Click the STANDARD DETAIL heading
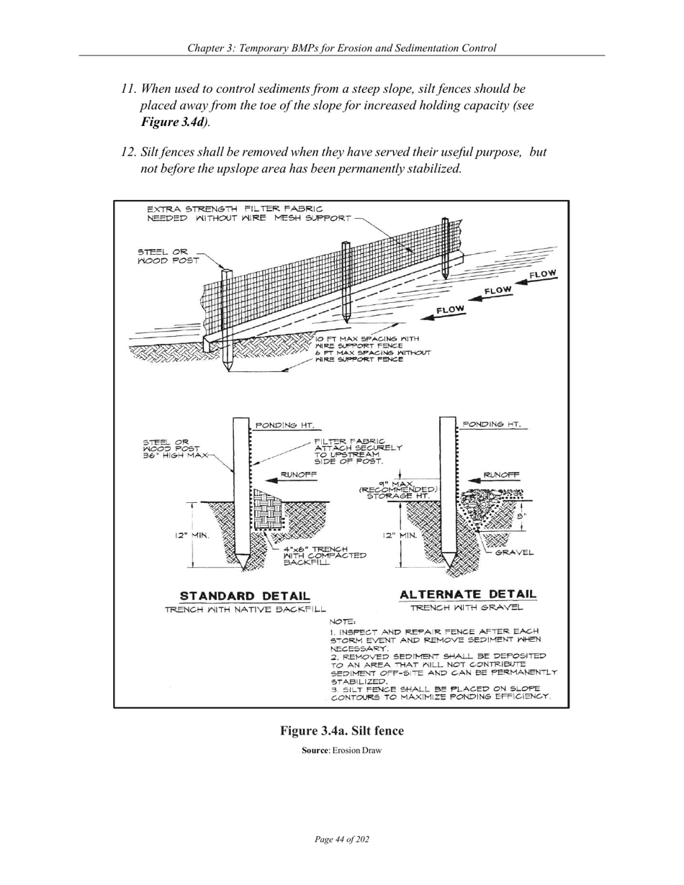(x=245, y=596)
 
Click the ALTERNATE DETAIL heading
(x=467, y=594)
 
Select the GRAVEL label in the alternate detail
(x=514, y=553)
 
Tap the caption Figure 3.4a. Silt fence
(x=342, y=731)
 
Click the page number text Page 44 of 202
(x=342, y=840)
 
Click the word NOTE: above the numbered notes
(x=342, y=621)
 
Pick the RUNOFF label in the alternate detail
(x=501, y=475)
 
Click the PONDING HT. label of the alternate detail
(x=492, y=424)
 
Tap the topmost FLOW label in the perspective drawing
(x=543, y=274)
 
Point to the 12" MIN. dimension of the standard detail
(x=190, y=535)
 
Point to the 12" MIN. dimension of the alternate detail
(x=399, y=535)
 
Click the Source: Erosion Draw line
(x=341, y=750)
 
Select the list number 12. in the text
(x=128, y=153)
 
